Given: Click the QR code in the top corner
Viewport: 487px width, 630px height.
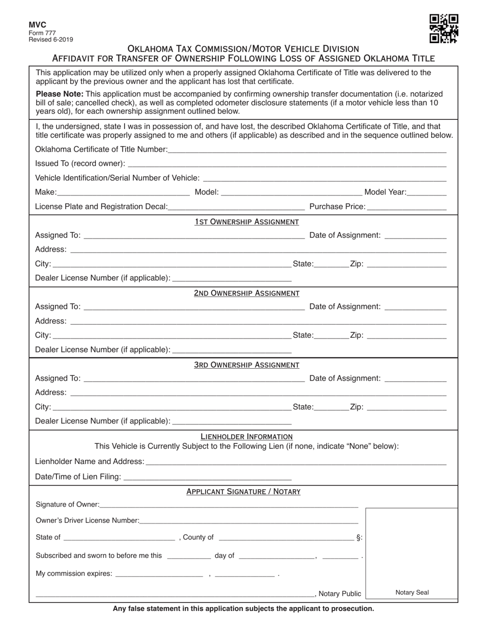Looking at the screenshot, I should [443, 28].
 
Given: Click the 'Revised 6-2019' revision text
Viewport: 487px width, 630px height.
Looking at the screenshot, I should [51, 39].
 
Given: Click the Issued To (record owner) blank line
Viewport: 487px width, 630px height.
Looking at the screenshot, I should [287, 164].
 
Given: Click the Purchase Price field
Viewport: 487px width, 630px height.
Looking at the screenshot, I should [407, 207].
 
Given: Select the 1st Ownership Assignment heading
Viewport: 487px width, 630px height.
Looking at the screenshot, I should [247, 222].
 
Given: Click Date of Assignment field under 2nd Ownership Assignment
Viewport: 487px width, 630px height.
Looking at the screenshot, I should [415, 307].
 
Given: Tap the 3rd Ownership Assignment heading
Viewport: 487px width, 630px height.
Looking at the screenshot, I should [247, 365].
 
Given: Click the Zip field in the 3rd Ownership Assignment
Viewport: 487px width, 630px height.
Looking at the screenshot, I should [407, 407].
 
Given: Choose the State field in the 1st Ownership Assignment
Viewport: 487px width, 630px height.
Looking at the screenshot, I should [331, 264].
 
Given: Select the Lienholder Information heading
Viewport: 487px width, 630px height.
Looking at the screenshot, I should [247, 437].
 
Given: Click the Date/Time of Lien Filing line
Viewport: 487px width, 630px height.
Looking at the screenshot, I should [208, 477].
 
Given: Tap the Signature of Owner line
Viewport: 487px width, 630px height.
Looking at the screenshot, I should [229, 505].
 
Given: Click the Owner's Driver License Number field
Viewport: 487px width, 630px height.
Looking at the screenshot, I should [249, 521].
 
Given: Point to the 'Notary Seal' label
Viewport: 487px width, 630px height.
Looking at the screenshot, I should [412, 593].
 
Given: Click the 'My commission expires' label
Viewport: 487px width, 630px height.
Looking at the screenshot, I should [74, 574].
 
